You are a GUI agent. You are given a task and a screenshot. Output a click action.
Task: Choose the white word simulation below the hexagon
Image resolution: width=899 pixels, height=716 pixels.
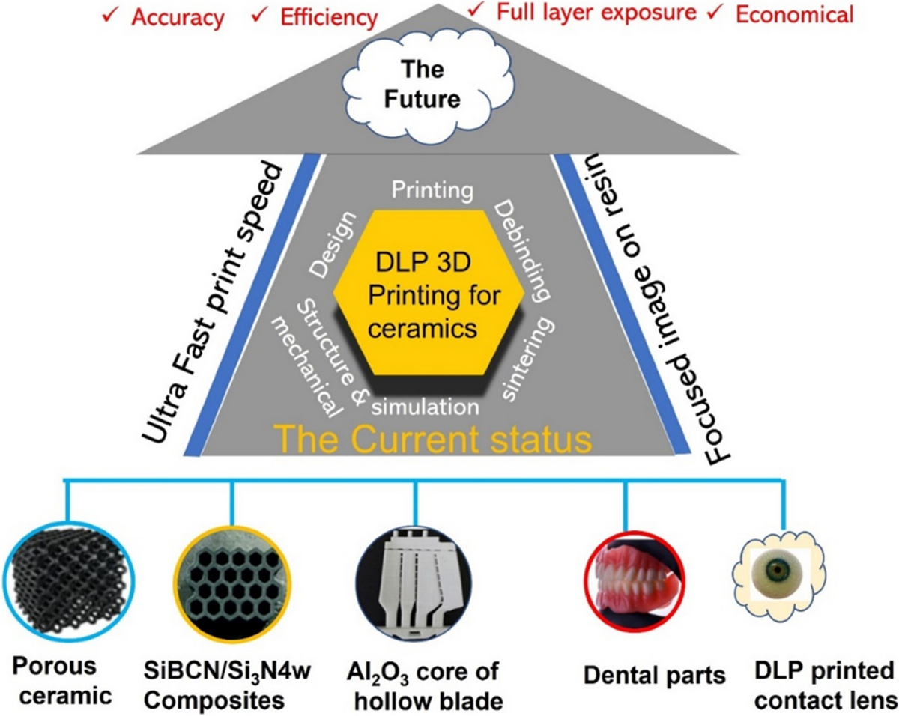click(426, 407)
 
